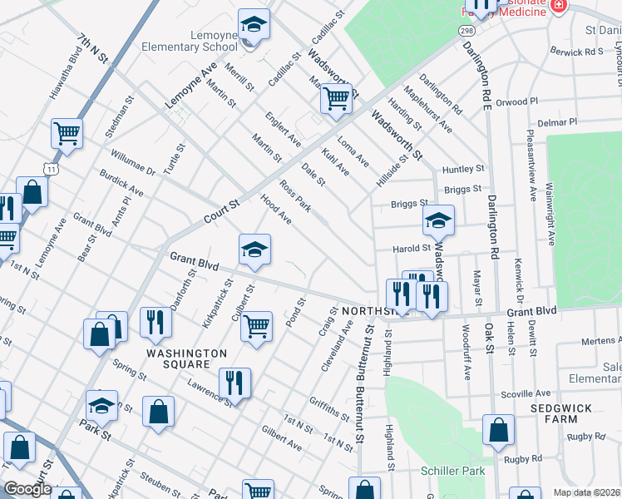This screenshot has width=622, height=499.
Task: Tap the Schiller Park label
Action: [x=452, y=471]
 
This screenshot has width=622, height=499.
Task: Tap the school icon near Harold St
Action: [x=437, y=220]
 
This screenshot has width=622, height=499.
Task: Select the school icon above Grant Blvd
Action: [x=255, y=248]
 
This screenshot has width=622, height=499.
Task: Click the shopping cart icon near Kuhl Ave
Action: [x=336, y=99]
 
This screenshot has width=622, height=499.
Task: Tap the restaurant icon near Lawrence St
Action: [x=234, y=383]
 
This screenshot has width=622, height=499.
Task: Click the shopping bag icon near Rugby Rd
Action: [x=498, y=430]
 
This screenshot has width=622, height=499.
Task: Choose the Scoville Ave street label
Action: [x=525, y=393]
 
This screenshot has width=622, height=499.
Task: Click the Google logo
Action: [x=27, y=489]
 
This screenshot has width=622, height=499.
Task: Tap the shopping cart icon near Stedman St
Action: [x=66, y=132]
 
